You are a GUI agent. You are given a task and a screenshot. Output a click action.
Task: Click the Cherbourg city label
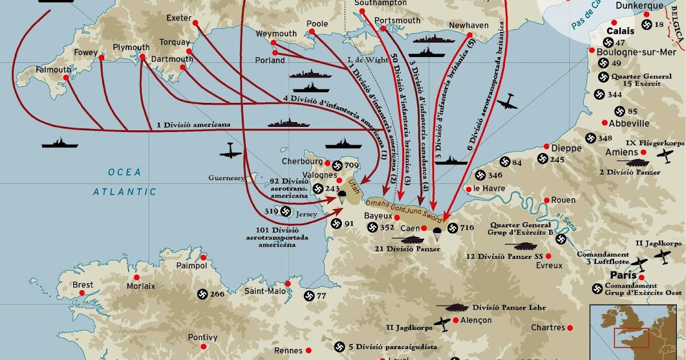302,162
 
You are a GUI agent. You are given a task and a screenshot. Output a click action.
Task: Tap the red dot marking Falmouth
65,79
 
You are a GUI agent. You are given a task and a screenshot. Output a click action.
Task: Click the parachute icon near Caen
437,233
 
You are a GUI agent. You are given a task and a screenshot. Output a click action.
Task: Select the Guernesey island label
227,178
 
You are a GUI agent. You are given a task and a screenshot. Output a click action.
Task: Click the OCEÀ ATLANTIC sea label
125,182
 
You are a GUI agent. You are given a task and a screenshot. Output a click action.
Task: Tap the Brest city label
83,285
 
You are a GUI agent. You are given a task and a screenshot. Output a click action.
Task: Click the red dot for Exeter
195,23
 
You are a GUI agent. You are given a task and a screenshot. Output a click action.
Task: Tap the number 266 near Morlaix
217,294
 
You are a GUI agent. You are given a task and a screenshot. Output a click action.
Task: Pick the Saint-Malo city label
265,291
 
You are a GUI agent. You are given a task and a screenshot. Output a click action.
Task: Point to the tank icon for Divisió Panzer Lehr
453,307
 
